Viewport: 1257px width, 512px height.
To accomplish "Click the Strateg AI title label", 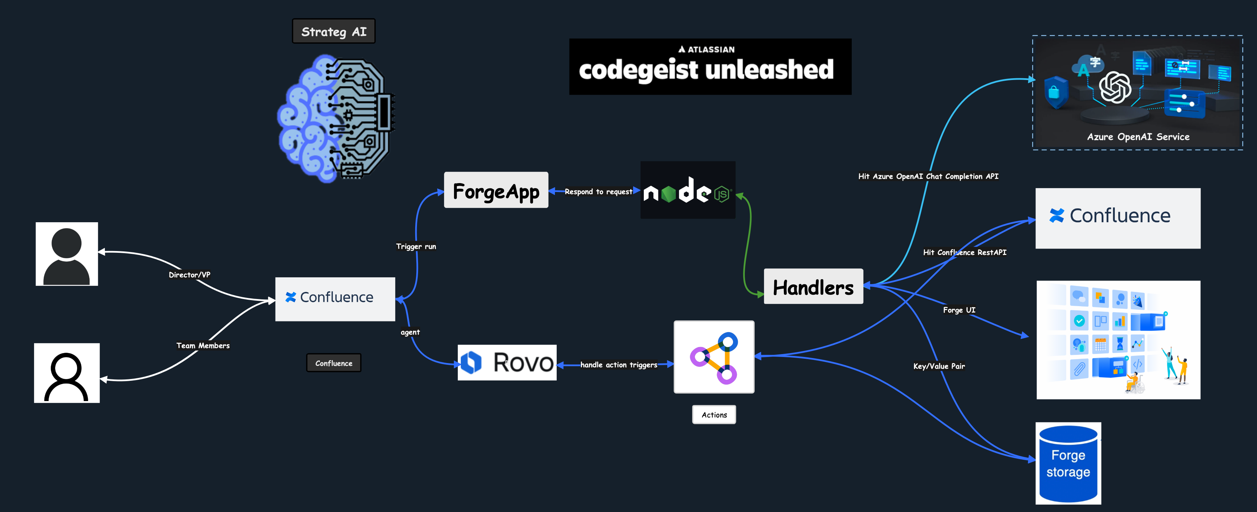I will tap(334, 32).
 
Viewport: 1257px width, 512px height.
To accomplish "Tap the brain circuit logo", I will tap(335, 119).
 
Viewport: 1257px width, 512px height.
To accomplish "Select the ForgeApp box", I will tap(496, 190).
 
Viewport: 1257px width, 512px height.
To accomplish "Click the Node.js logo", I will tap(687, 190).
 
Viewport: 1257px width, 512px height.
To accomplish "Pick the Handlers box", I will tap(813, 287).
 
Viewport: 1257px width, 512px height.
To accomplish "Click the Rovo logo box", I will tap(507, 363).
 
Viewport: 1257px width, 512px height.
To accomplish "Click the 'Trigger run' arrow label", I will tap(416, 246).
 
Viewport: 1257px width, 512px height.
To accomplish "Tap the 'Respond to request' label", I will tap(598, 192).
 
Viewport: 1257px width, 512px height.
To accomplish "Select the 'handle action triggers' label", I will tap(618, 364).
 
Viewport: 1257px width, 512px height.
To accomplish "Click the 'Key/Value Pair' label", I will tap(939, 366).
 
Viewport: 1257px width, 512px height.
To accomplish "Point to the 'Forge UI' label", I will tap(959, 310).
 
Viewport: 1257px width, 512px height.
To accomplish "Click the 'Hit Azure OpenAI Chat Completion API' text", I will tap(928, 176).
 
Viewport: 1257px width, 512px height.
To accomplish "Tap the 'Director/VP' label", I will tap(189, 275).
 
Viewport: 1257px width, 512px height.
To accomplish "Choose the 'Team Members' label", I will tap(203, 346).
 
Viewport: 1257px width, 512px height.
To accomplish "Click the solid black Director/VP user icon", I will tap(67, 254).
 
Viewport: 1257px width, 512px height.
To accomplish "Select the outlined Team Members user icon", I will tap(67, 373).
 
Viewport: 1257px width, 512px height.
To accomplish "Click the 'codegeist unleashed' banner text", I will tap(706, 70).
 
